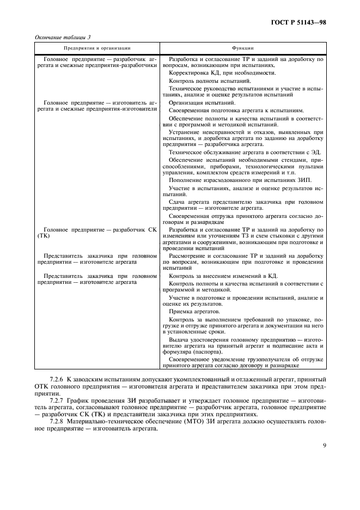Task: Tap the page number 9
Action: click(324, 445)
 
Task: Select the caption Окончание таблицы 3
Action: click(63, 37)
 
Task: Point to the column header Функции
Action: click(242, 48)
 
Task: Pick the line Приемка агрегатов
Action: click(194, 311)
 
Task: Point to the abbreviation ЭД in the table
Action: click(318, 152)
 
